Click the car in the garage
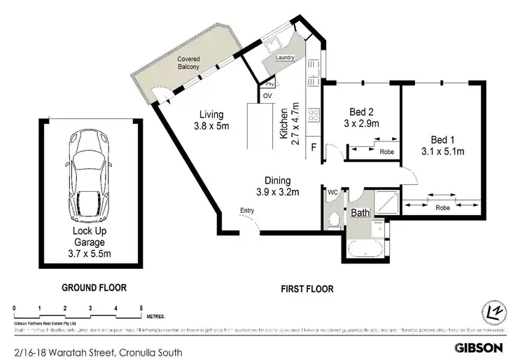point(88,174)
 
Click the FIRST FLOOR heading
point(307,288)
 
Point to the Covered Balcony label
point(188,63)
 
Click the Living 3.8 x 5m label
point(211,120)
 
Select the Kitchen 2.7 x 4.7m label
point(290,124)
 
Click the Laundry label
point(284,58)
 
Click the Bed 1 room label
point(442,144)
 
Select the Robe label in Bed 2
point(386,151)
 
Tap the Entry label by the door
point(247,210)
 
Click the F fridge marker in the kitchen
point(314,147)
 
